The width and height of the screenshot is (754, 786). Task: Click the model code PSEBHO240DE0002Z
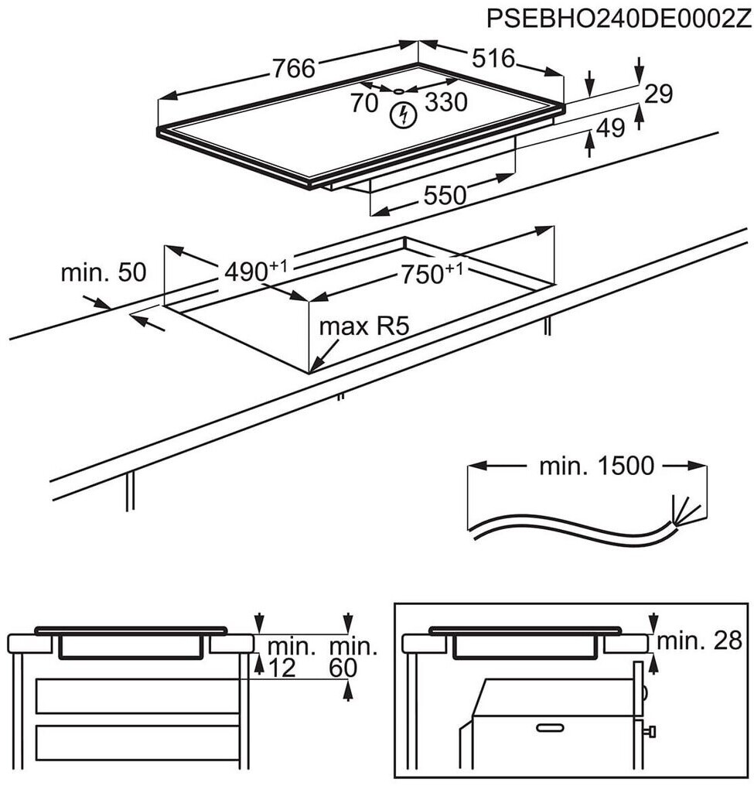(619, 19)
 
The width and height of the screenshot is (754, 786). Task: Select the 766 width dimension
(294, 67)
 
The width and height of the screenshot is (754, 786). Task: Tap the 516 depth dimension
(493, 58)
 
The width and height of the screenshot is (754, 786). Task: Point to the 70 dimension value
(364, 103)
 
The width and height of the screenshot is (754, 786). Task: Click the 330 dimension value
(446, 102)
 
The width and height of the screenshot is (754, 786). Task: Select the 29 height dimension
(658, 94)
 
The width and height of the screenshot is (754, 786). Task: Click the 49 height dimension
(611, 128)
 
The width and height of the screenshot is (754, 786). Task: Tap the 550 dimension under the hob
(445, 195)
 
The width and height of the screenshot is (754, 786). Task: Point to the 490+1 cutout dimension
(255, 271)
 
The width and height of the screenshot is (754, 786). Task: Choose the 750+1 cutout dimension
(431, 273)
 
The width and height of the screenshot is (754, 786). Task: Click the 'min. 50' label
(104, 272)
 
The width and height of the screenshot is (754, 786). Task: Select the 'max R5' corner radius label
(364, 326)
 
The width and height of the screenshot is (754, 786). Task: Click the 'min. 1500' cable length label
(597, 466)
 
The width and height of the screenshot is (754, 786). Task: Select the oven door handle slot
(551, 727)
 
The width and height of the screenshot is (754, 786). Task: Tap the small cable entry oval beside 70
(398, 91)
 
